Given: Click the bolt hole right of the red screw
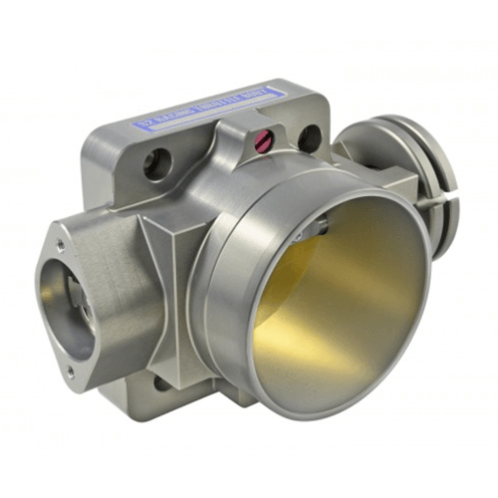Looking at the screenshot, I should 310,138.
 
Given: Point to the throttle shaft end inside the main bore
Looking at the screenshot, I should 322,228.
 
